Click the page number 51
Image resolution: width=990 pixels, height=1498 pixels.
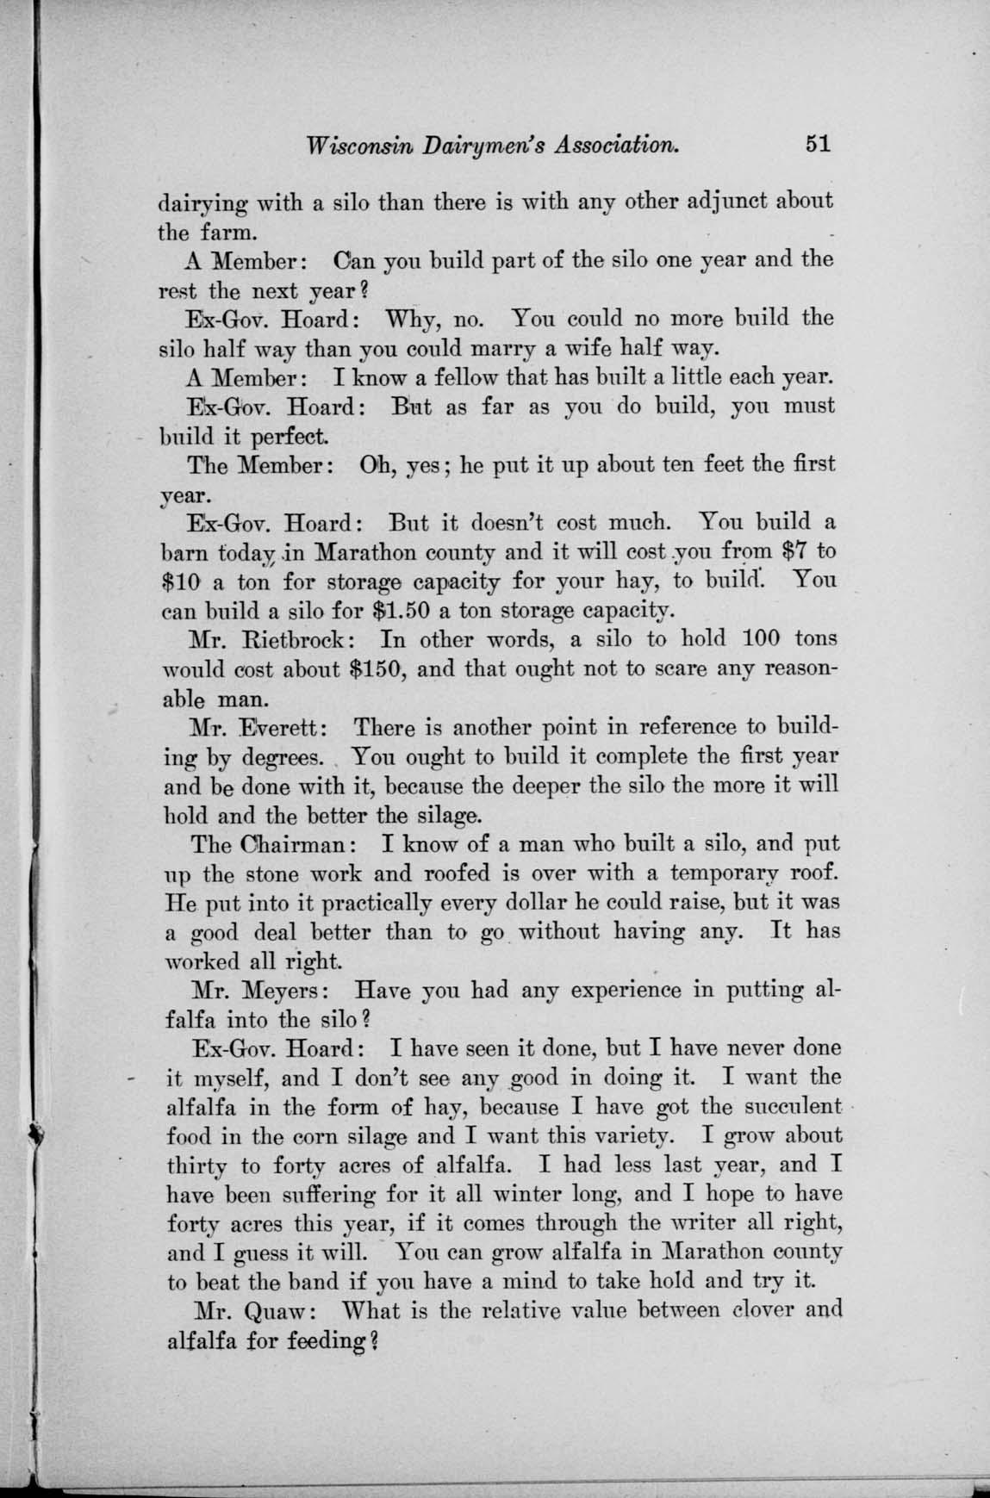pyautogui.click(x=813, y=144)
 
